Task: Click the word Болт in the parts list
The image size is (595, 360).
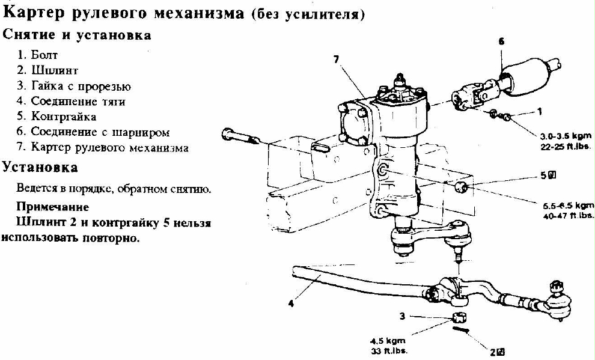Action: point(44,55)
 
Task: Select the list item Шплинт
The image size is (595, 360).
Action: point(54,70)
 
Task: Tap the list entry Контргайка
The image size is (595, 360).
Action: point(63,117)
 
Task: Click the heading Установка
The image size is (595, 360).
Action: point(40,167)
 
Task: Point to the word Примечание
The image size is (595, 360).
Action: point(53,207)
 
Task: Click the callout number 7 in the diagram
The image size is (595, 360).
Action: point(336,59)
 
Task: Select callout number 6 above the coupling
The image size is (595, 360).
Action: point(501,41)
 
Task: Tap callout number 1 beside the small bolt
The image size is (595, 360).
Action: point(540,112)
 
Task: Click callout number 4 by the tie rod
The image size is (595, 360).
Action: point(291,304)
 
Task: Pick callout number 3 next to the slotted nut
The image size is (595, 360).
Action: point(403,316)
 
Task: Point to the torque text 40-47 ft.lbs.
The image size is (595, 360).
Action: point(569,215)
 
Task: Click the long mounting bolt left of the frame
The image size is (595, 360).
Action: point(240,136)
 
